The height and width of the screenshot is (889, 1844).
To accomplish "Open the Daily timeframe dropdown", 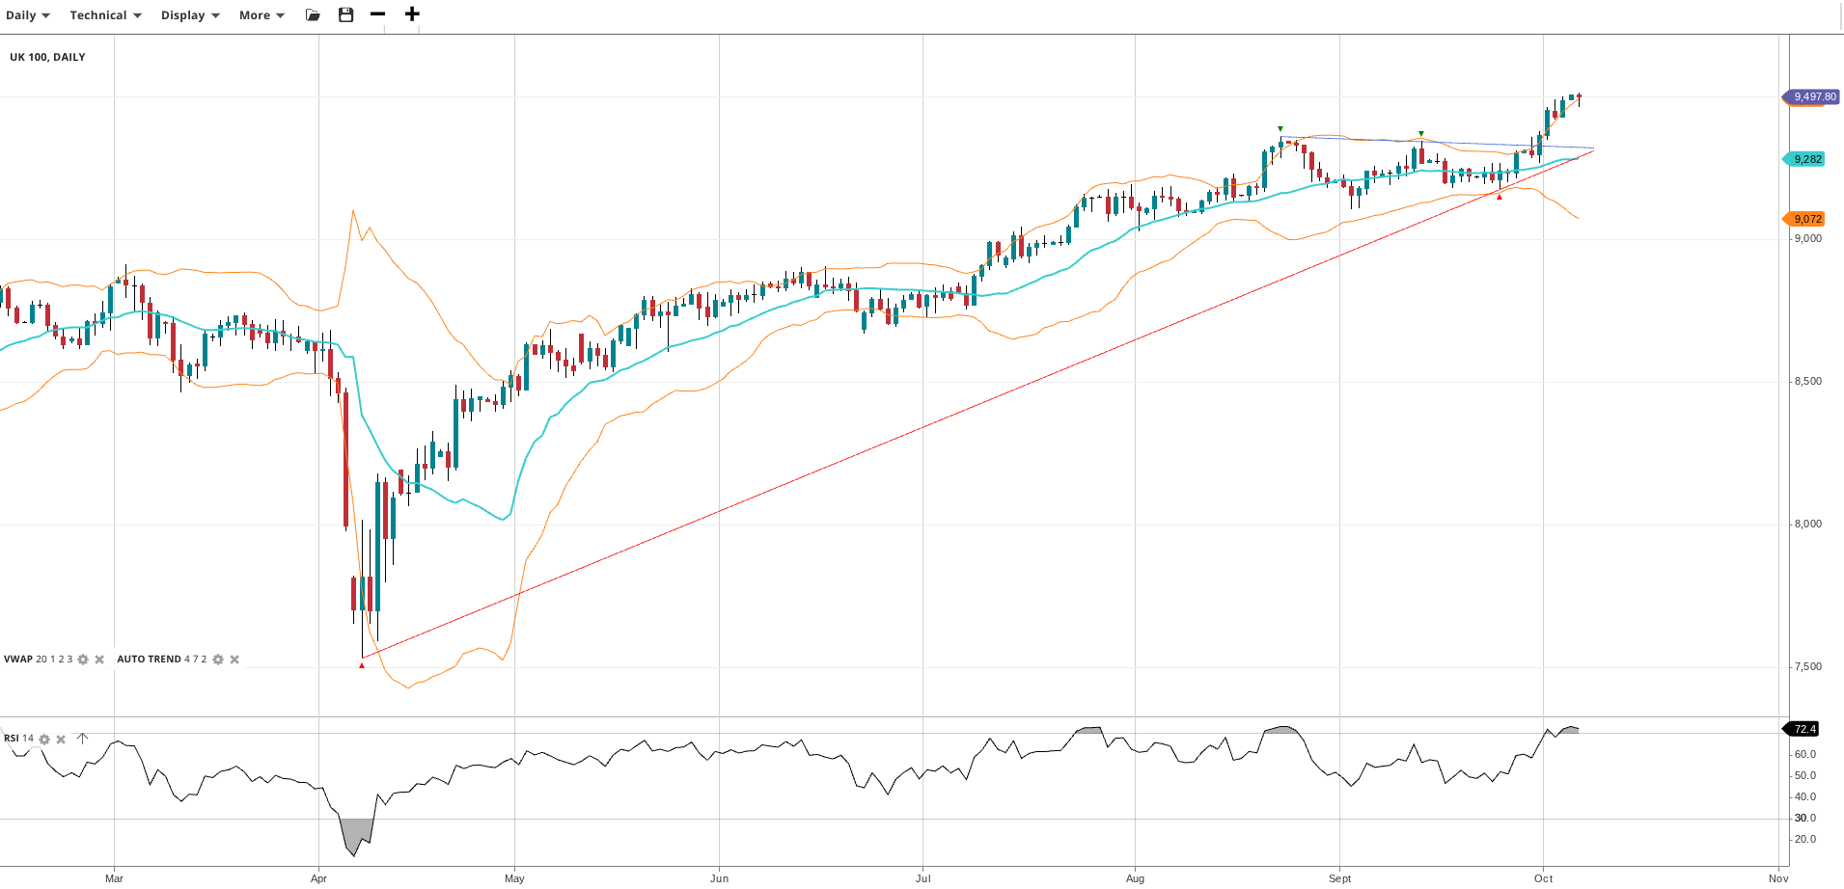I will click(x=27, y=15).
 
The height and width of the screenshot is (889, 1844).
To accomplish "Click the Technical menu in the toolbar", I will click(x=105, y=15).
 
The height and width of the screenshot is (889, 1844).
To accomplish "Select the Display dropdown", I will click(x=190, y=15).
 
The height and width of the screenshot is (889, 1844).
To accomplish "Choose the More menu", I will click(x=261, y=15).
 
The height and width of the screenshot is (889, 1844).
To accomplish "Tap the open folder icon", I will click(x=313, y=14).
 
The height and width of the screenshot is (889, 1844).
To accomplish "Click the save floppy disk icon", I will click(x=345, y=14).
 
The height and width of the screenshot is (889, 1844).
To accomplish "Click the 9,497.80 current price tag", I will click(x=1813, y=96).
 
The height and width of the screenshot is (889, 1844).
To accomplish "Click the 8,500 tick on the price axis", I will click(x=1807, y=382).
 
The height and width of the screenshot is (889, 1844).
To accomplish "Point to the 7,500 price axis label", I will click(x=1807, y=667).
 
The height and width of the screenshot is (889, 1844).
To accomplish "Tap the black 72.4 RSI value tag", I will click(x=1803, y=729).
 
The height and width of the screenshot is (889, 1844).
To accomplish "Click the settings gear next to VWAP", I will click(x=83, y=660).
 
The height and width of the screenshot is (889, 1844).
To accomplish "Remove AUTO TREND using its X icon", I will click(x=234, y=660).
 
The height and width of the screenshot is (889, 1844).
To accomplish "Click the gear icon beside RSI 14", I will click(x=44, y=740).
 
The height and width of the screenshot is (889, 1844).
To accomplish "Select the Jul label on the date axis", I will click(x=923, y=878).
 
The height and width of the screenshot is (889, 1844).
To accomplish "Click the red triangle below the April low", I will click(x=362, y=665).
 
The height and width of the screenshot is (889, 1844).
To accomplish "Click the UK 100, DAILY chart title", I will click(x=47, y=57).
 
